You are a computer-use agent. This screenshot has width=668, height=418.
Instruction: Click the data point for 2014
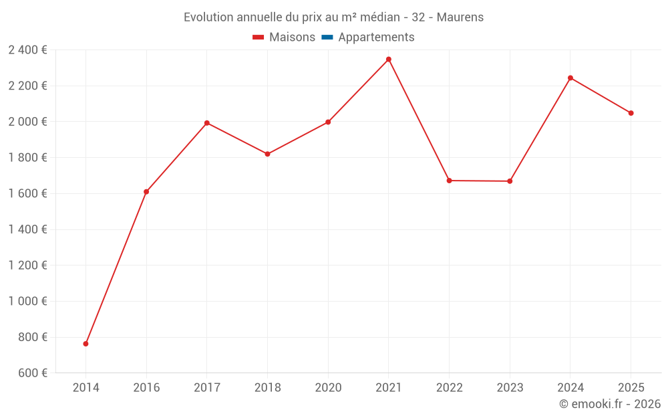coord(86,344)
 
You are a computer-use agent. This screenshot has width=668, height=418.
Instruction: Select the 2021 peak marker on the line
coord(389,60)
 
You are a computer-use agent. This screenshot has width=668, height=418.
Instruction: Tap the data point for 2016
coord(146,192)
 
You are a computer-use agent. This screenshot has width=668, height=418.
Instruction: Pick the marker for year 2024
coord(570,78)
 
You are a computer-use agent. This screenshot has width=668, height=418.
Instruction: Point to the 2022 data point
coord(449,181)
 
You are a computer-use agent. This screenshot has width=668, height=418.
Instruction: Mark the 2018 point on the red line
coord(267,154)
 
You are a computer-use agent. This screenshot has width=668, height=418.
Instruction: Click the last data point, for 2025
coord(631,113)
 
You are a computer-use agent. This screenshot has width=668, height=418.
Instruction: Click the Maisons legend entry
coord(292,37)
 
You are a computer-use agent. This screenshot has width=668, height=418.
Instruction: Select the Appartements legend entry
coord(376,37)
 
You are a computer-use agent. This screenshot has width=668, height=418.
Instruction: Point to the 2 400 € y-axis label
coord(27,49)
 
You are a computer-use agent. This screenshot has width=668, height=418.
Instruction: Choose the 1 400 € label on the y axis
coord(27,229)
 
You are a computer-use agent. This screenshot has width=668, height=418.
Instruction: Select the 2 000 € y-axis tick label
coord(27,122)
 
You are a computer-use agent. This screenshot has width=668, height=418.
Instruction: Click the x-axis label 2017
coord(206,388)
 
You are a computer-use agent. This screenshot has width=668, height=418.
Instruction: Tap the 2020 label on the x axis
coord(328,388)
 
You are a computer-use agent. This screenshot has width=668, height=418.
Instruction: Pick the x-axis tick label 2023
coord(510,388)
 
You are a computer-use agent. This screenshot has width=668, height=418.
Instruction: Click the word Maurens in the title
coord(460,17)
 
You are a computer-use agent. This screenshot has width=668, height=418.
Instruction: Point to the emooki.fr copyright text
coord(610,404)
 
